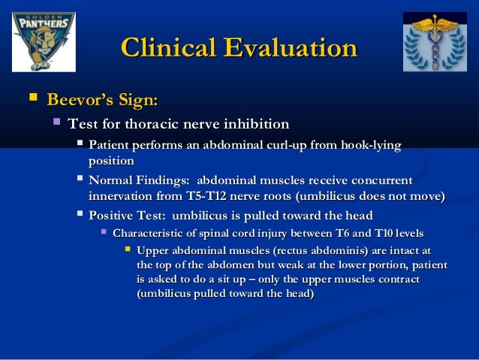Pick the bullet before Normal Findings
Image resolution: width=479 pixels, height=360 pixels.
pos(79,180)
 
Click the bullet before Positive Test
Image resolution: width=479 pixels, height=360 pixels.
pos(79,216)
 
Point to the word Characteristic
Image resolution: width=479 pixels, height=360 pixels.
pos(153,233)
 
